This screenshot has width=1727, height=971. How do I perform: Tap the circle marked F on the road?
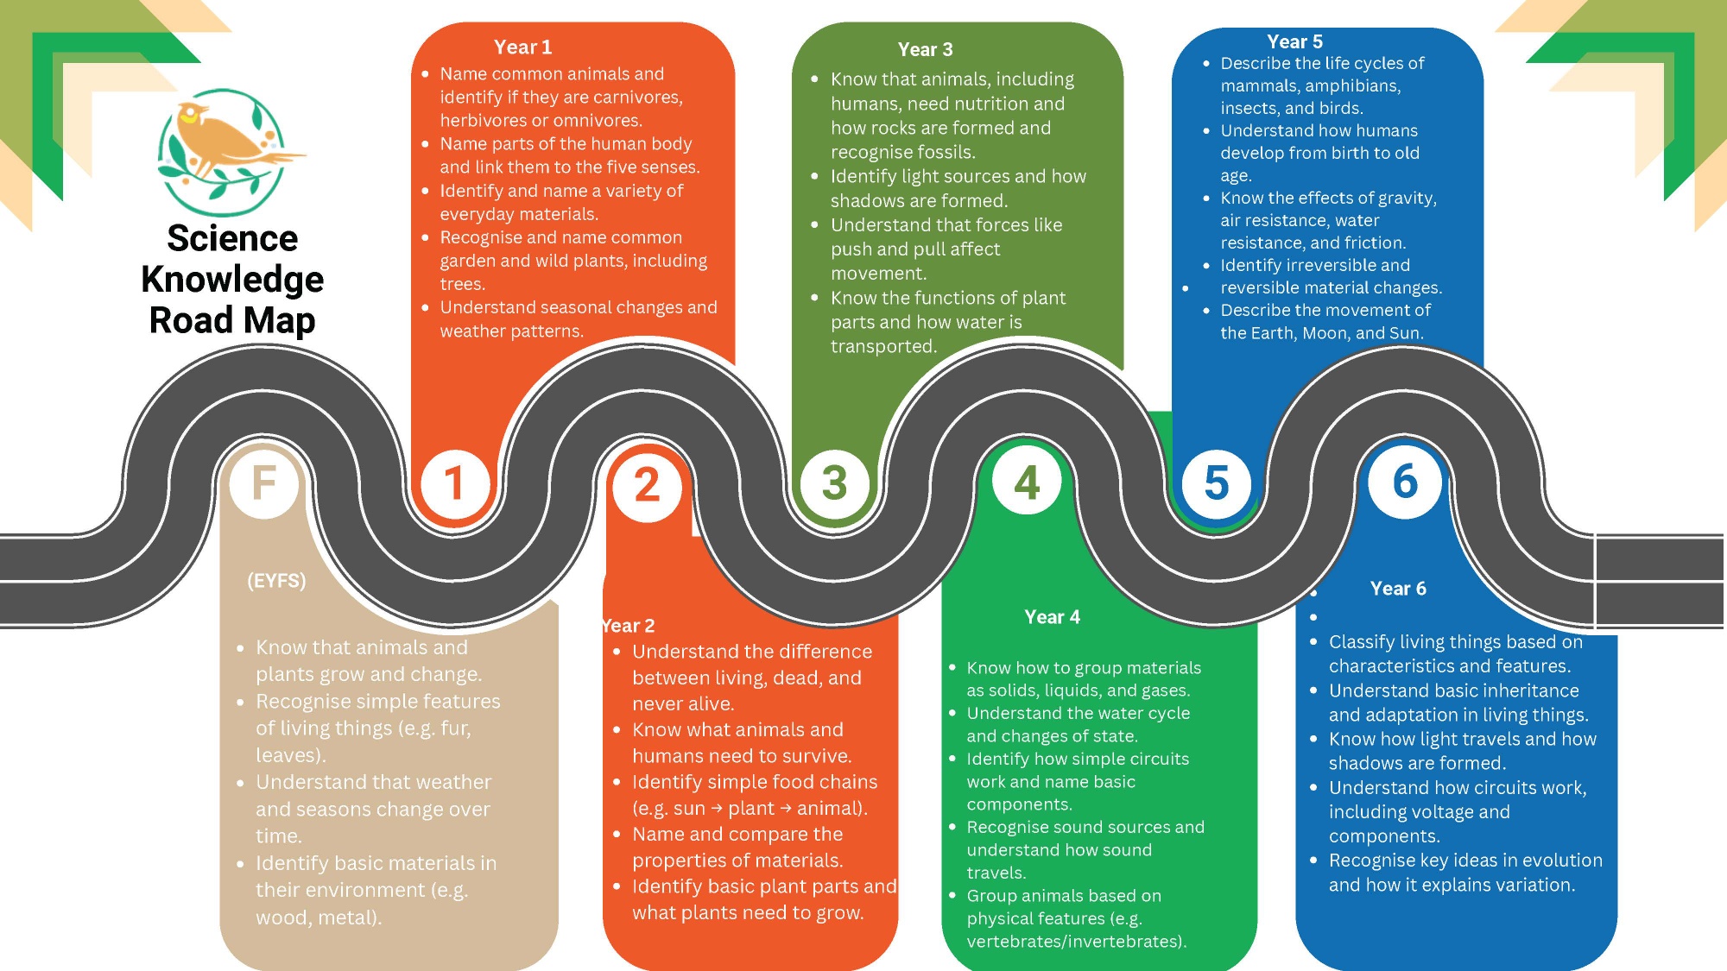264,482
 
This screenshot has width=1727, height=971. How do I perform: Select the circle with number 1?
454,483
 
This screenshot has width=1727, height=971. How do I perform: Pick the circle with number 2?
647,486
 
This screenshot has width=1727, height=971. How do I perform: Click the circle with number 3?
835,483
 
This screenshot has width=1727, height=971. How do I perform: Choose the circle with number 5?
1216,484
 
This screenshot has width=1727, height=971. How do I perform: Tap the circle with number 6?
1405,482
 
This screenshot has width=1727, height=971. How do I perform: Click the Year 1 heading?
522,47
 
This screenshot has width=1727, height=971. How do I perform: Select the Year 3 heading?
925,50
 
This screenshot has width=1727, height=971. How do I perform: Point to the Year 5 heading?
1294,41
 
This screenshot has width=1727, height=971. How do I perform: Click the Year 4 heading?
1052,617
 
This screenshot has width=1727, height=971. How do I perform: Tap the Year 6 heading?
1398,589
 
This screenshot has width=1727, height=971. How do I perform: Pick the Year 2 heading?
629,626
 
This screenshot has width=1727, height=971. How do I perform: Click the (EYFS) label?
276,581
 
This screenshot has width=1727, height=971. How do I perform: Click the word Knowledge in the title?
232,280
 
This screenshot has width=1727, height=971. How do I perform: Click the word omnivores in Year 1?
598,121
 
